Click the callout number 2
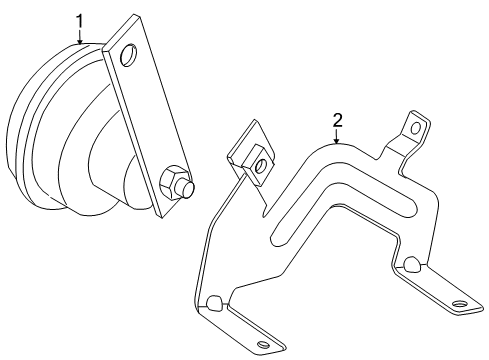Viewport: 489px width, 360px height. click(x=337, y=121)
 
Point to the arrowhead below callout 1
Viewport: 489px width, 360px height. click(x=80, y=41)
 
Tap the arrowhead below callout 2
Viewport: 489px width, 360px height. click(x=337, y=141)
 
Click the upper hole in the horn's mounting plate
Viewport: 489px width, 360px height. click(x=128, y=54)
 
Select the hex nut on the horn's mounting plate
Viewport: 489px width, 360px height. click(x=170, y=183)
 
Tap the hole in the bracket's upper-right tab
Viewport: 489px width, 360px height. click(x=416, y=128)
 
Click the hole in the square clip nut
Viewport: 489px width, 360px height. click(x=260, y=166)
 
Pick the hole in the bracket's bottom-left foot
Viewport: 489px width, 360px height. click(x=263, y=344)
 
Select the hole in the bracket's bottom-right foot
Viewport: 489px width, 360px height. click(x=459, y=304)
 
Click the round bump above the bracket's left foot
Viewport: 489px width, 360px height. click(x=213, y=301)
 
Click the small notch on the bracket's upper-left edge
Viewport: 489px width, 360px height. click(x=266, y=210)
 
